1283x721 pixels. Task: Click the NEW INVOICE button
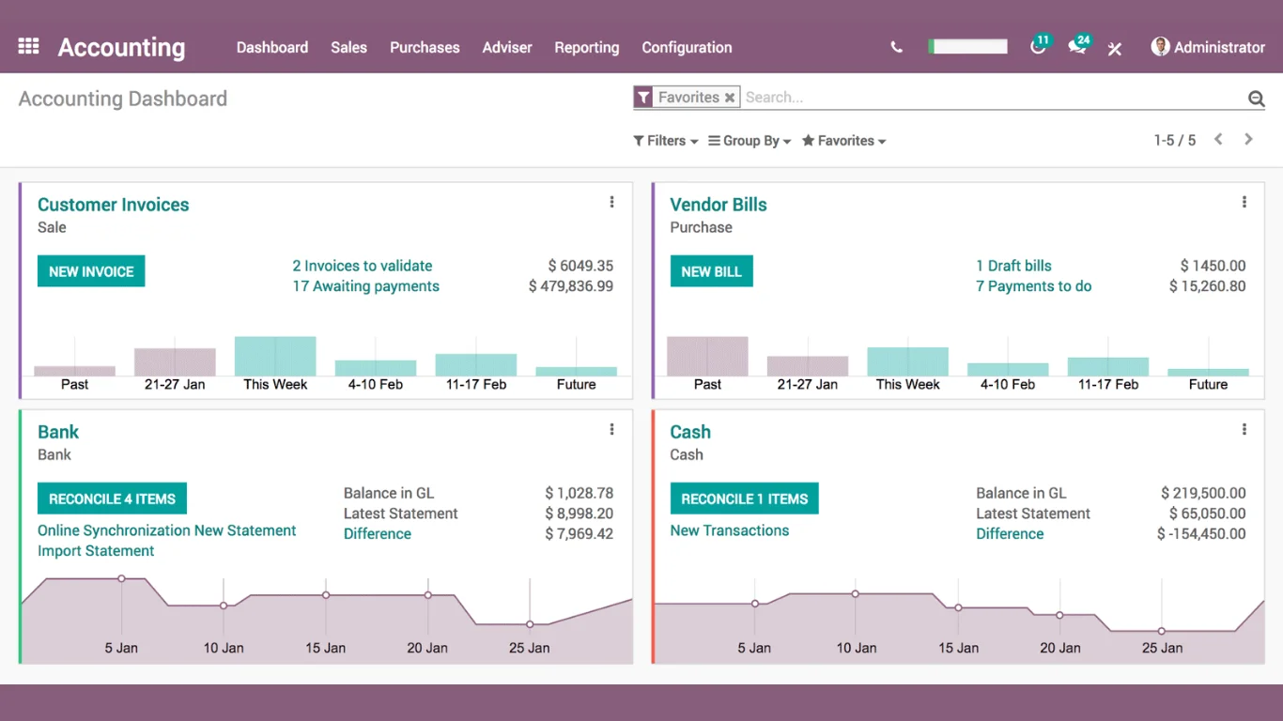[x=91, y=271]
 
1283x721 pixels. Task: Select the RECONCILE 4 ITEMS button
[x=112, y=499]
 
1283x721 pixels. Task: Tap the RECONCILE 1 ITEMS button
[x=744, y=499]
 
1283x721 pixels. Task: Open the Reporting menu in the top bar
[x=586, y=47]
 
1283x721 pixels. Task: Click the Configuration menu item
[x=687, y=47]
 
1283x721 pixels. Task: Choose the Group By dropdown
[x=750, y=141]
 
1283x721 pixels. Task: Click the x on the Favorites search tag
[x=730, y=98]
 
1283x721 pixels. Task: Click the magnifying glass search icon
[x=1256, y=99]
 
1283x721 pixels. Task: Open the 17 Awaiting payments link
[x=365, y=286]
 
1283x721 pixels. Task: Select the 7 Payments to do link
[x=1033, y=286]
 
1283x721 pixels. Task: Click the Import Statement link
[x=96, y=551]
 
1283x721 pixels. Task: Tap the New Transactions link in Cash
[x=729, y=530]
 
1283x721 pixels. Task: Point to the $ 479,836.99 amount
[x=571, y=286]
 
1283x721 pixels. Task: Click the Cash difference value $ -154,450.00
[x=1201, y=534]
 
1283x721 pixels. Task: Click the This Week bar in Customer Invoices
[x=275, y=357]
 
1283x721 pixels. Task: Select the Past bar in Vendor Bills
[x=707, y=357]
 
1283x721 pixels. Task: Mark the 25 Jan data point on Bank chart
[x=530, y=624]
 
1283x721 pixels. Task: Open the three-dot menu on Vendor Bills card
[x=1244, y=202]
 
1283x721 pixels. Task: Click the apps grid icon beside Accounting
[x=28, y=46]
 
